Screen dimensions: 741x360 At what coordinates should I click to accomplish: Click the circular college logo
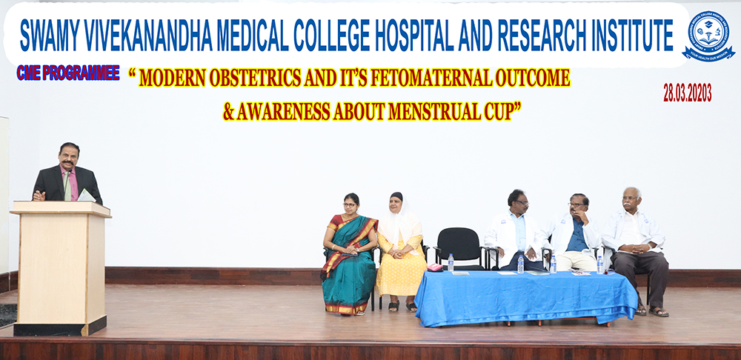click(708, 36)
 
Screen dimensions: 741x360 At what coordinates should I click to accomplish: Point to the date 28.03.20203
click(688, 93)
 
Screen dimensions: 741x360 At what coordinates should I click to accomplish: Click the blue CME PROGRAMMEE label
click(68, 73)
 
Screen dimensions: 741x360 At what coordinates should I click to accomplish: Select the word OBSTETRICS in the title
click(255, 79)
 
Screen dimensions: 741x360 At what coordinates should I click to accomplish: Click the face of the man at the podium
click(69, 157)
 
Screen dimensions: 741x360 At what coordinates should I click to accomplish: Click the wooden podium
click(60, 268)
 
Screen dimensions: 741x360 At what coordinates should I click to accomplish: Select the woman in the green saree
click(349, 255)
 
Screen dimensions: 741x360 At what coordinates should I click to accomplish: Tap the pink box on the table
click(435, 267)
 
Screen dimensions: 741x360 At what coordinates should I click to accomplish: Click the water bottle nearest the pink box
click(451, 263)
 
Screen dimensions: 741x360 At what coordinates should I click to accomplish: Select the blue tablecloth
click(526, 297)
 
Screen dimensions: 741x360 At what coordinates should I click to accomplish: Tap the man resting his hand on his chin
click(574, 233)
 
